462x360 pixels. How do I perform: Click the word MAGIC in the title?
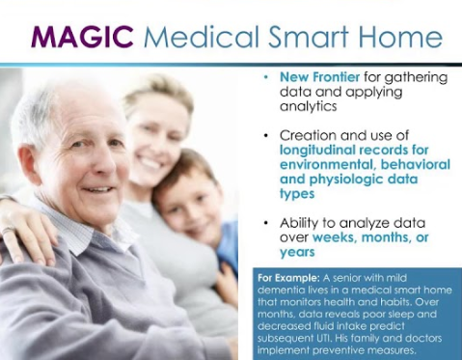(x=83, y=37)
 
